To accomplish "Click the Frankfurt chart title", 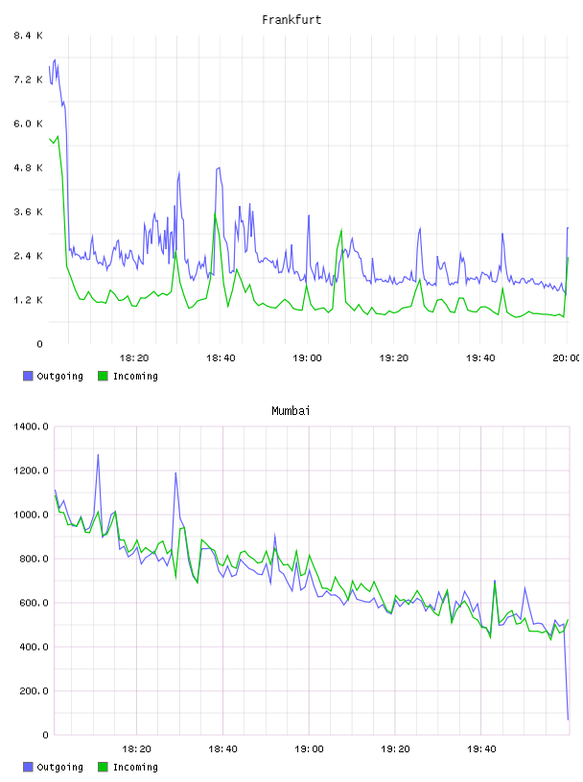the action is click(x=291, y=20).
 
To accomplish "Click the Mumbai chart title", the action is click(x=291, y=411).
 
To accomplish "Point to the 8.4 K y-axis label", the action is click(x=28, y=35).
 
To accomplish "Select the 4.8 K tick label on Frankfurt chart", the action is click(x=28, y=168).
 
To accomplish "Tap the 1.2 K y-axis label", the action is click(x=28, y=300).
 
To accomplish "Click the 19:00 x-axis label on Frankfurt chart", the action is click(x=307, y=358).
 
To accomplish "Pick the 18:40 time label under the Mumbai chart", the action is click(x=222, y=749).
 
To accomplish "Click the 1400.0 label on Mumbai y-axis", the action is click(x=31, y=426).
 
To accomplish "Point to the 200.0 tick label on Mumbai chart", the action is click(x=34, y=691).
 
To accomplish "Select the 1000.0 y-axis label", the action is click(x=31, y=515).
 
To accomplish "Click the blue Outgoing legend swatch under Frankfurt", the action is click(x=28, y=376).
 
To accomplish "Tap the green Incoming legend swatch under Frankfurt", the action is click(x=103, y=376).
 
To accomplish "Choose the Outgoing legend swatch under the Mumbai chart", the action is click(x=28, y=767).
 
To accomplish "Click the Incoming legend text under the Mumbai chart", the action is click(x=135, y=767).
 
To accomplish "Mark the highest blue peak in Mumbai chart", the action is click(x=98, y=454).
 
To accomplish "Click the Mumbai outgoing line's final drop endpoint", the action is click(x=568, y=719).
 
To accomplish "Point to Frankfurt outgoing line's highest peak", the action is click(x=55, y=59).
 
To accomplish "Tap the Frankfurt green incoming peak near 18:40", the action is click(x=215, y=214).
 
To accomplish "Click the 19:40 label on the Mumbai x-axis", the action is click(x=481, y=749).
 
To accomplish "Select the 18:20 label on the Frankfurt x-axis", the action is click(x=134, y=358).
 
